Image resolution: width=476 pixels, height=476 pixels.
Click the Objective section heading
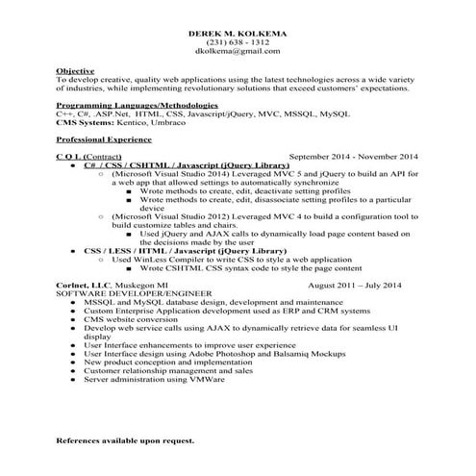[x=76, y=71]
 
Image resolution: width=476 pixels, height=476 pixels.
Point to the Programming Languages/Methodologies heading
[x=137, y=104]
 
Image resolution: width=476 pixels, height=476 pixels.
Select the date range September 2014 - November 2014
[x=354, y=156]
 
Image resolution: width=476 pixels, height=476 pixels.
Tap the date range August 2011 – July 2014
[x=354, y=286]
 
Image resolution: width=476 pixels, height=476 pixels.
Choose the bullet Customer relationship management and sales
[x=168, y=370]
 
